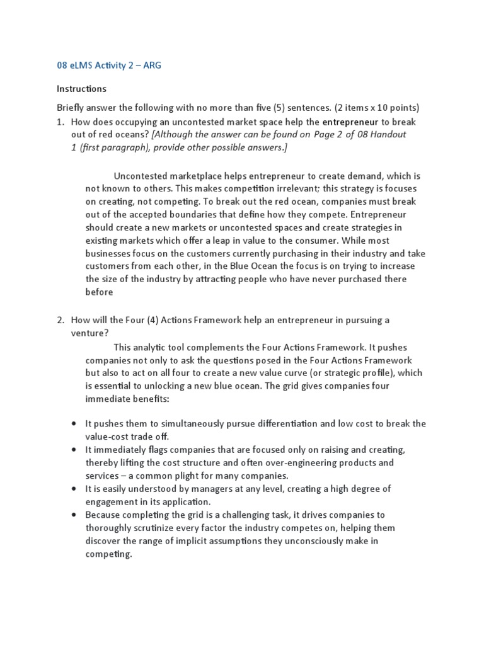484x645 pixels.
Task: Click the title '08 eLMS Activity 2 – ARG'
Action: [105, 66]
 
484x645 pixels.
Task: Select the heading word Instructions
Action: [81, 89]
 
